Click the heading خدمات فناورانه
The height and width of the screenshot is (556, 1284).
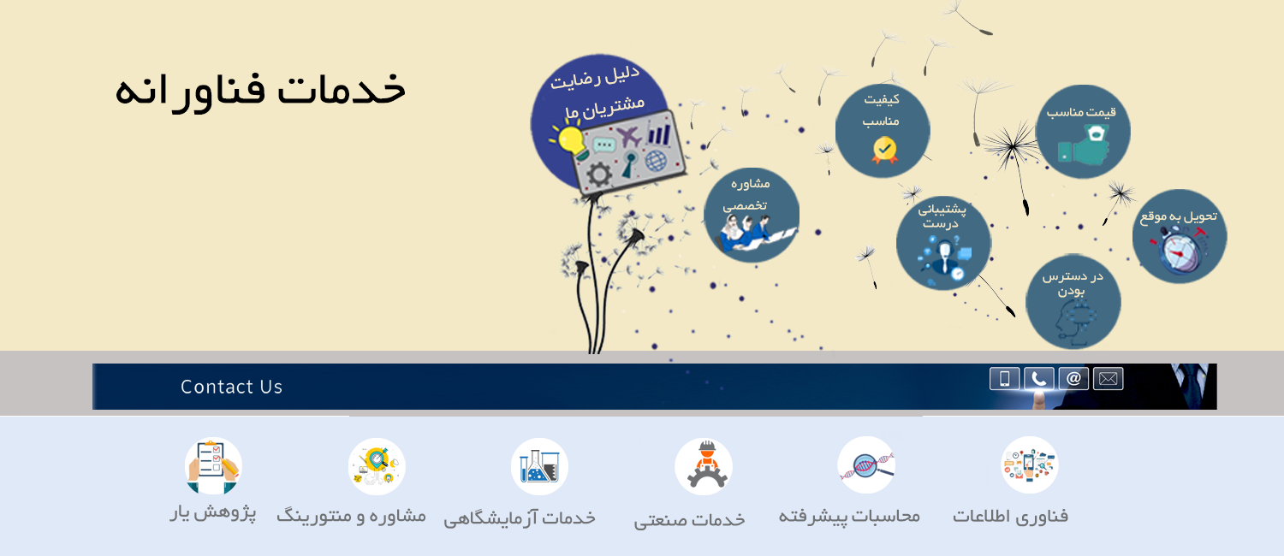pyautogui.click(x=260, y=91)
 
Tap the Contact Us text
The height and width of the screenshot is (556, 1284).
pyautogui.click(x=232, y=387)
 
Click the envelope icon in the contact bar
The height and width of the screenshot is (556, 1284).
pyautogui.click(x=1108, y=379)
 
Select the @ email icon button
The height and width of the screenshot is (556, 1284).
pyautogui.click(x=1073, y=379)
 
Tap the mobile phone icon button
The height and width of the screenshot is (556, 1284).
pyautogui.click(x=1004, y=379)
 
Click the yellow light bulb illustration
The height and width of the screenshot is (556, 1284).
pyautogui.click(x=569, y=141)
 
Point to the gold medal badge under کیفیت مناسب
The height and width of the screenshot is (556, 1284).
pyautogui.click(x=884, y=150)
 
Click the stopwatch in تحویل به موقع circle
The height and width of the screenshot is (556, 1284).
pyautogui.click(x=1180, y=251)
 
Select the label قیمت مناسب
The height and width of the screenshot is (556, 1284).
pyautogui.click(x=1081, y=112)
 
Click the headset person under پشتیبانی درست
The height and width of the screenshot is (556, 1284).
pyautogui.click(x=943, y=257)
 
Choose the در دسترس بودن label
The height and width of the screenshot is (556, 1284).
pyautogui.click(x=1072, y=283)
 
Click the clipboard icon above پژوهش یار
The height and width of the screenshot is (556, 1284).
pyautogui.click(x=213, y=466)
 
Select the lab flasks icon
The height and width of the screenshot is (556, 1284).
pyautogui.click(x=539, y=466)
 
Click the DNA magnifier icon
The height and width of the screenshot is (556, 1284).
pyautogui.click(x=866, y=465)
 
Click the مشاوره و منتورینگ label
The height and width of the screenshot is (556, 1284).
pyautogui.click(x=351, y=515)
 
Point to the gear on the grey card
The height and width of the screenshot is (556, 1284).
pyautogui.click(x=599, y=174)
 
